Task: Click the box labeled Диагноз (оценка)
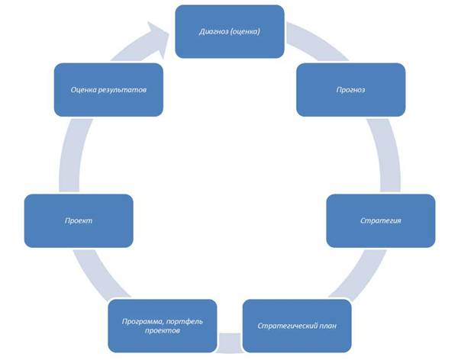pyautogui.click(x=230, y=31)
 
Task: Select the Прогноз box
pyautogui.click(x=350, y=90)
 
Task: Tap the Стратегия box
pyautogui.click(x=381, y=220)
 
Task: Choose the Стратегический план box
pyautogui.click(x=297, y=326)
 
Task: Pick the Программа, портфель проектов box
pyautogui.click(x=163, y=326)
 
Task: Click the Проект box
pyautogui.click(x=79, y=220)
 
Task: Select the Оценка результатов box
pyautogui.click(x=108, y=90)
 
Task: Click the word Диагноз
pyautogui.click(x=214, y=31)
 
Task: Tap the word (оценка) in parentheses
pyautogui.click(x=245, y=31)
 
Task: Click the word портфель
pyautogui.click(x=185, y=321)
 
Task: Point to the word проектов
pyautogui.click(x=163, y=331)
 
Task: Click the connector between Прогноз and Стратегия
pyautogui.click(x=387, y=155)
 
